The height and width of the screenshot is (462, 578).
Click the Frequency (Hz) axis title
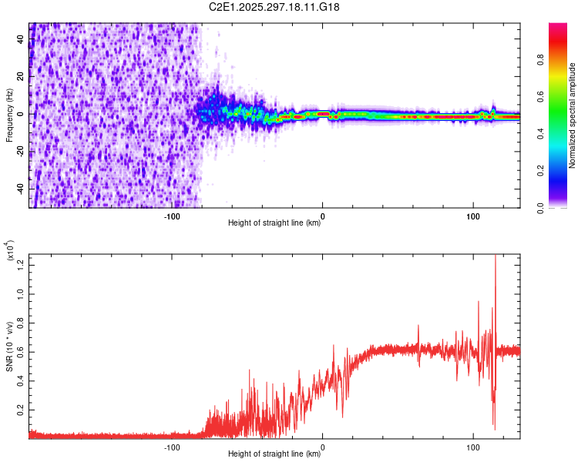tap(9, 115)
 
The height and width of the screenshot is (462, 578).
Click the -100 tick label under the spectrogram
tap(172, 216)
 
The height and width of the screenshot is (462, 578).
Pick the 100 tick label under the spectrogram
tap(472, 216)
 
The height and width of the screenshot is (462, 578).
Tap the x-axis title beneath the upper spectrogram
tap(274, 224)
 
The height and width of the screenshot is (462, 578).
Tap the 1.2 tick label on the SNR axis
tap(19, 266)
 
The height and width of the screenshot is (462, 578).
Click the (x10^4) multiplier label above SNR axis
tap(11, 250)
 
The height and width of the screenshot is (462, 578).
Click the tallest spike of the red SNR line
tap(495, 256)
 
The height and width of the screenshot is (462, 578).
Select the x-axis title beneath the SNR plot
tap(274, 454)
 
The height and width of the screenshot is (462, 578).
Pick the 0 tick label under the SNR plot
tap(322, 446)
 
